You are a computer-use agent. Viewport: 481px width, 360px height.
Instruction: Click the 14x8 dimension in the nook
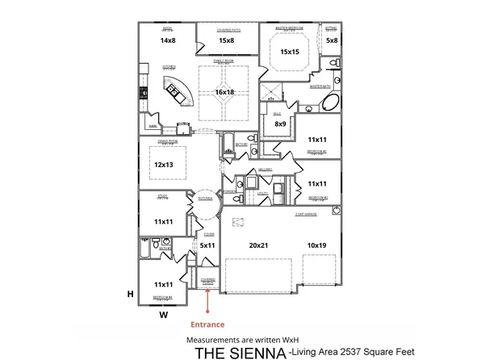pyautogui.click(x=168, y=40)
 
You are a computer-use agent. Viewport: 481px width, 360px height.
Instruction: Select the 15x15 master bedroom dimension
pyautogui.click(x=291, y=52)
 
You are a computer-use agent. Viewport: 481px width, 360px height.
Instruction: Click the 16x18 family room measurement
pyautogui.click(x=224, y=92)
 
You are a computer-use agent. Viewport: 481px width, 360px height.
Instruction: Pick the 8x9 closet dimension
pyautogui.click(x=280, y=123)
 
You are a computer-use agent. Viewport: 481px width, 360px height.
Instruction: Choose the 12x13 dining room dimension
pyautogui.click(x=164, y=165)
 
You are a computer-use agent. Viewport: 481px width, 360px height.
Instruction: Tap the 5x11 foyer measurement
pyautogui.click(x=207, y=245)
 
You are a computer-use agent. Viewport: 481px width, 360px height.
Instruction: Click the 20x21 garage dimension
pyautogui.click(x=258, y=245)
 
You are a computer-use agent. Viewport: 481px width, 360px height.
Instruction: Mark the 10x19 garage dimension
pyautogui.click(x=318, y=245)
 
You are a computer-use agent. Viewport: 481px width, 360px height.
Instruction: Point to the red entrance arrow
pyautogui.click(x=208, y=302)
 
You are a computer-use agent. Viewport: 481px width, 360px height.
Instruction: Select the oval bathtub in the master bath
pyautogui.click(x=331, y=103)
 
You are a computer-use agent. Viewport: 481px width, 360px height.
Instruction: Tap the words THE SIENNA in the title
pyautogui.click(x=240, y=352)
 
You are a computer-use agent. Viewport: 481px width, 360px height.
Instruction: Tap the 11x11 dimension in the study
pyautogui.click(x=164, y=221)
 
